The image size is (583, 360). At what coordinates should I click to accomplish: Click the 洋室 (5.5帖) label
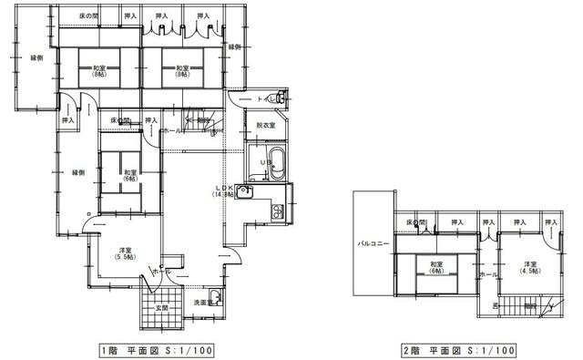(x=121, y=255)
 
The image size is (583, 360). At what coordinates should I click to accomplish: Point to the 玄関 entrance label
(x=161, y=308)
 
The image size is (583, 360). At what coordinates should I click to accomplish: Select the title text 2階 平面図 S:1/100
(x=458, y=350)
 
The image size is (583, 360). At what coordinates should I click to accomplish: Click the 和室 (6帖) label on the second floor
(x=434, y=268)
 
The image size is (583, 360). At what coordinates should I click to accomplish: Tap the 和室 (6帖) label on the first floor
(x=130, y=176)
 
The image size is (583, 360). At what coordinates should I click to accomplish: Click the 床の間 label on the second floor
(x=416, y=222)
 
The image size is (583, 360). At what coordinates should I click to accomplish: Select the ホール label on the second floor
(x=486, y=274)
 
